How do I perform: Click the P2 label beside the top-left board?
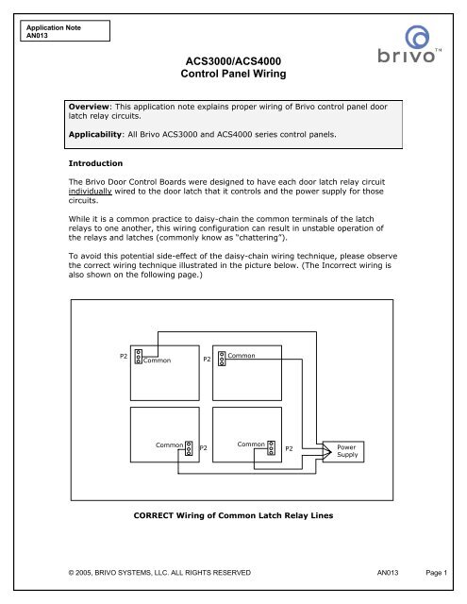point(124,357)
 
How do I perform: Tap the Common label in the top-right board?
point(242,355)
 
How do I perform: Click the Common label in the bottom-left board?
point(170,443)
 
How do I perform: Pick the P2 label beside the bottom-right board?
point(290,448)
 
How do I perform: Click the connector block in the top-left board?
point(138,357)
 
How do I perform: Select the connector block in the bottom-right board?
point(271,447)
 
